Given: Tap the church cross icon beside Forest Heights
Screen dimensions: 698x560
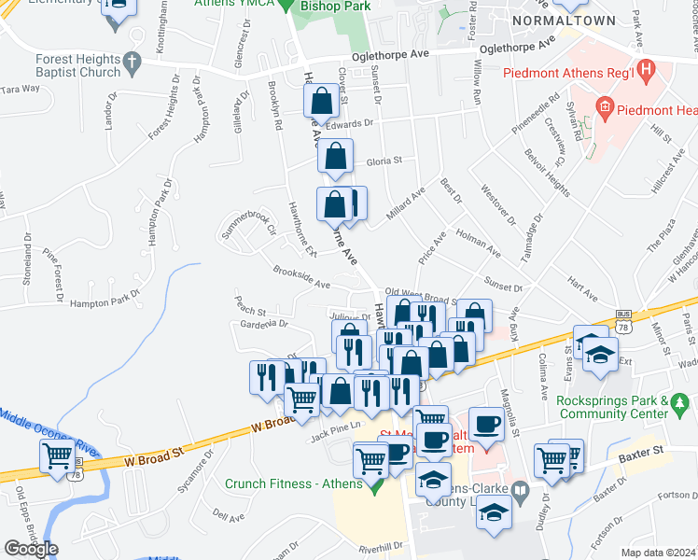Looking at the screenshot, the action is (133, 63).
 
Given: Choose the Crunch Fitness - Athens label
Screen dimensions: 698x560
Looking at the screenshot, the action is (294, 483).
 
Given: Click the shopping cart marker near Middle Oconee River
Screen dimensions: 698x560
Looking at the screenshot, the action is (58, 456).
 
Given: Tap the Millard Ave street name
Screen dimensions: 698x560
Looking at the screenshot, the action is (406, 201).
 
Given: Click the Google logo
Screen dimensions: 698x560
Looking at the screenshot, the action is (31, 549).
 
